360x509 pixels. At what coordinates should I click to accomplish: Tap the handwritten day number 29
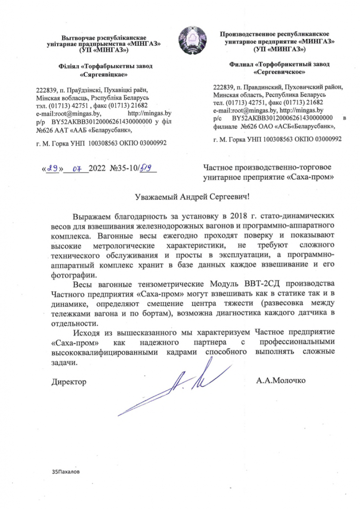53,169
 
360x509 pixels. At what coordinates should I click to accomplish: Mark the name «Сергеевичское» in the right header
279,72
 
